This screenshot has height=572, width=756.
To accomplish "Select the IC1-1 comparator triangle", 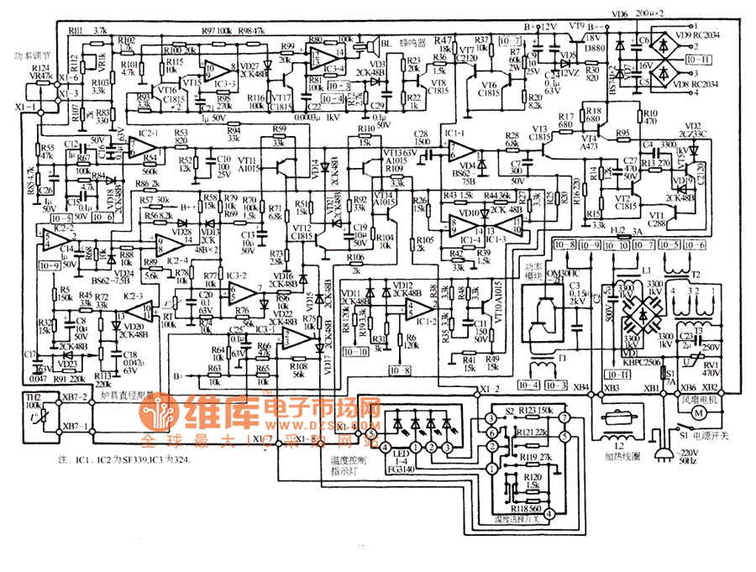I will tap(460, 150).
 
